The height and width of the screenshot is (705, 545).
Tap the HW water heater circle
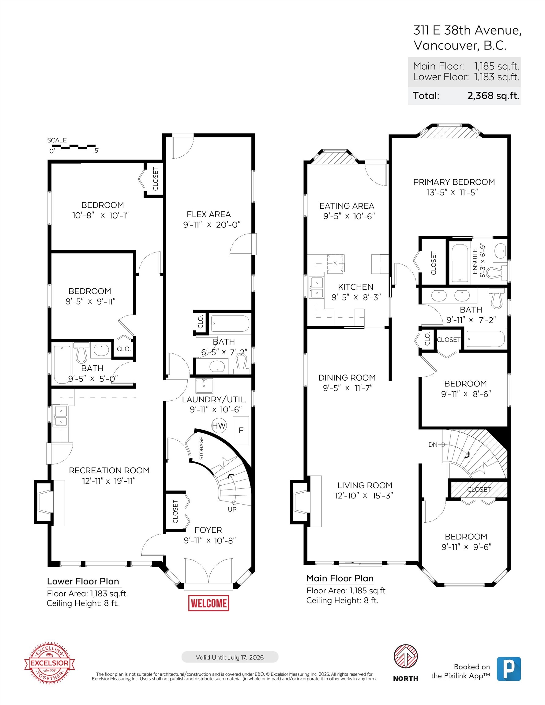(x=219, y=425)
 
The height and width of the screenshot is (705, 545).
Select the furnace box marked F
(x=241, y=431)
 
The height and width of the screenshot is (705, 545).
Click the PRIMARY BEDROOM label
(x=454, y=182)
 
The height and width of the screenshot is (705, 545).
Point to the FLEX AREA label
(x=209, y=214)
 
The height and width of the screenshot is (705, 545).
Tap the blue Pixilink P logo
(x=509, y=669)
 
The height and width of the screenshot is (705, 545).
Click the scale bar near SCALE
(x=78, y=147)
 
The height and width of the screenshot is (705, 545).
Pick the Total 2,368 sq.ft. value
(x=493, y=95)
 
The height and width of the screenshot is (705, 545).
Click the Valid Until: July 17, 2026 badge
(x=230, y=657)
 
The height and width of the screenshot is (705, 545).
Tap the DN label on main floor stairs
(x=433, y=445)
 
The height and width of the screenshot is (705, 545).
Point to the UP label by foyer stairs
(x=232, y=509)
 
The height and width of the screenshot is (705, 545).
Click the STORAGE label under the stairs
(x=201, y=448)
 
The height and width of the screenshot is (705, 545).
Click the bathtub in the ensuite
(x=459, y=263)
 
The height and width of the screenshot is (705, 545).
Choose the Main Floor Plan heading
(x=340, y=578)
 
